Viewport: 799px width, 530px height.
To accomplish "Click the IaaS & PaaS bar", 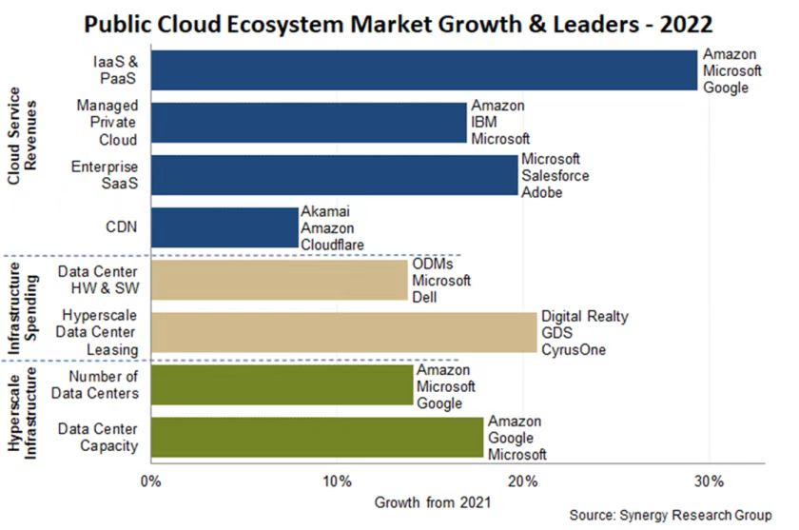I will pos(423,70).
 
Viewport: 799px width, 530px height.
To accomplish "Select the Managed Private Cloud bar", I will pos(308,123).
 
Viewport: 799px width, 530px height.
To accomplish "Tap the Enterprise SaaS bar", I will pos(334,175).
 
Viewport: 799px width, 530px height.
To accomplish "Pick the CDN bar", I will pos(224,227).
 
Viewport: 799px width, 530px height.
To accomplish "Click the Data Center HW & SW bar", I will pos(279,280).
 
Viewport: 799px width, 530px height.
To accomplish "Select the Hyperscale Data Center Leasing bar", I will pos(343,332).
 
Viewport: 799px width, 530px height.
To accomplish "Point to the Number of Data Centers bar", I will pos(282,384).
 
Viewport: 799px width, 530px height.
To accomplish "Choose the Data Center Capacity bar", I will pos(317,437).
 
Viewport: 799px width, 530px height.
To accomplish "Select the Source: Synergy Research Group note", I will pos(671,515).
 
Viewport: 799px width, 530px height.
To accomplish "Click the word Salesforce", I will pos(555,176).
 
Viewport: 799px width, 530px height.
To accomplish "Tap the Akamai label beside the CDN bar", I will pos(322,212).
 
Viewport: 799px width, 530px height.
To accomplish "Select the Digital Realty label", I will pos(585,316).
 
